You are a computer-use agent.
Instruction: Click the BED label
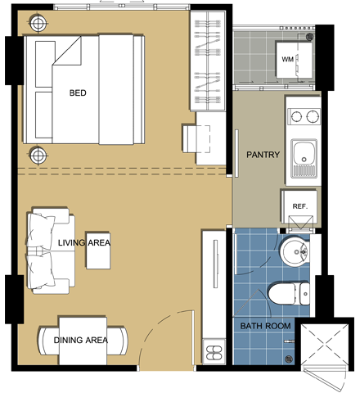pyautogui.click(x=78, y=93)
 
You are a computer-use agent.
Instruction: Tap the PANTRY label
pyautogui.click(x=263, y=155)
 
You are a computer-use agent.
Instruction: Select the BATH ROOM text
pyautogui.click(x=265, y=326)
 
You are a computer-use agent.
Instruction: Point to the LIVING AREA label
pyautogui.click(x=84, y=242)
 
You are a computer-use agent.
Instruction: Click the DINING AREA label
pyautogui.click(x=81, y=340)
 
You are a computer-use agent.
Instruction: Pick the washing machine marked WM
pyautogui.click(x=294, y=59)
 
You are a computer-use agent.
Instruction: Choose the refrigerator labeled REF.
pyautogui.click(x=299, y=206)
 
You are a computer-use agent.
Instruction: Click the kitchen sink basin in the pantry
pyautogui.click(x=304, y=152)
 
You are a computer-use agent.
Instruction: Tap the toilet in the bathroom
pyautogui.click(x=289, y=294)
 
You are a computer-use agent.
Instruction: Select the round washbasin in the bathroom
pyautogui.click(x=295, y=251)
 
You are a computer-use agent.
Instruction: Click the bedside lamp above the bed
pyautogui.click(x=38, y=24)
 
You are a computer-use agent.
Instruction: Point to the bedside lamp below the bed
pyautogui.click(x=38, y=156)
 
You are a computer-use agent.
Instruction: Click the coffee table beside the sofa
pyautogui.click(x=98, y=251)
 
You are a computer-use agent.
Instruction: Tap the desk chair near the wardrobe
pyautogui.click(x=196, y=138)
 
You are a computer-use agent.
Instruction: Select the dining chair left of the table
pyautogui.click(x=49, y=341)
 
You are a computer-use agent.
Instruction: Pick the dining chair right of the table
pyautogui.click(x=117, y=341)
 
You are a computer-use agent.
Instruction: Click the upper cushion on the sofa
pyautogui.click(x=40, y=230)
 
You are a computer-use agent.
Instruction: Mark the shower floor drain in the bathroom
pyautogui.click(x=289, y=359)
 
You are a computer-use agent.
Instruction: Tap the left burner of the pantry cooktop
pyautogui.click(x=296, y=117)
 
